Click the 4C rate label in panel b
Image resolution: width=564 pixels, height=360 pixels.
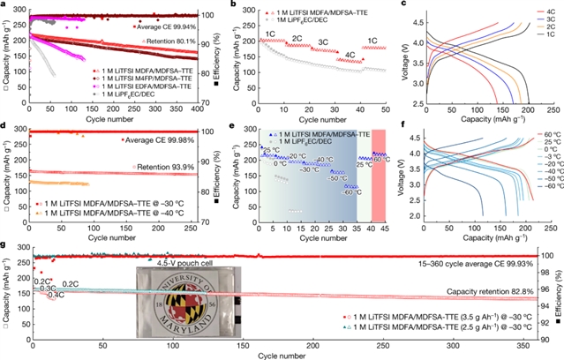351,55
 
